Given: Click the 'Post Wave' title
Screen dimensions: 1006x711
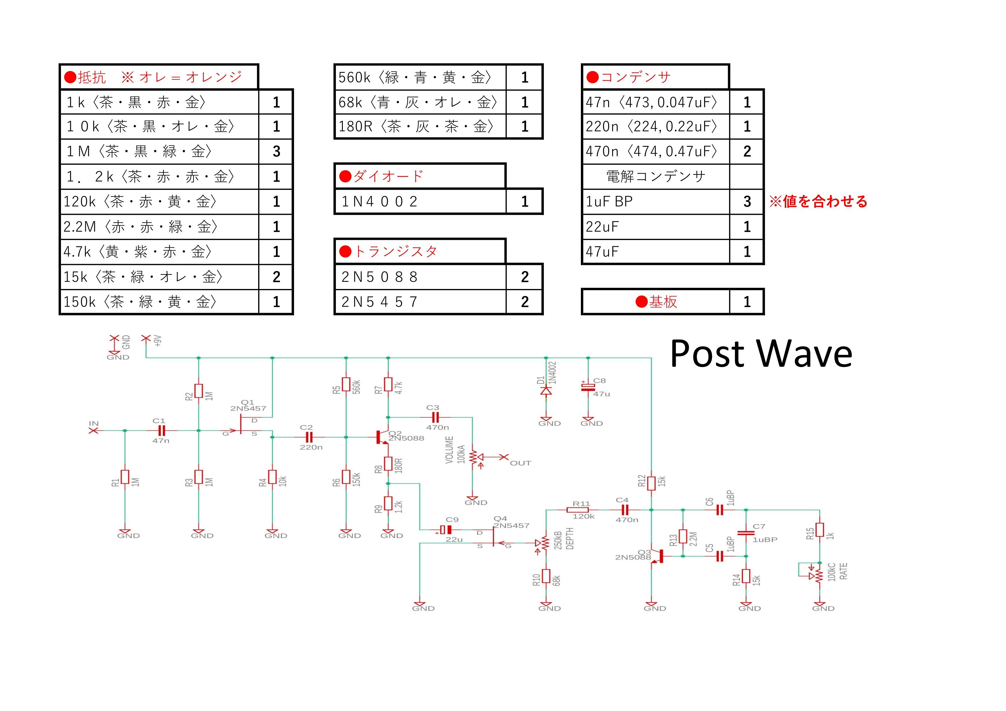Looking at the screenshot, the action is pos(761,354).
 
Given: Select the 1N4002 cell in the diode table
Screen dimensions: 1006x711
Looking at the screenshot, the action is pos(420,201).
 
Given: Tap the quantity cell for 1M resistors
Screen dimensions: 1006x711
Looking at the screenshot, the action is pos(276,151).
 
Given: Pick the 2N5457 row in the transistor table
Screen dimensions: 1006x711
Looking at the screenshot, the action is pos(438,302).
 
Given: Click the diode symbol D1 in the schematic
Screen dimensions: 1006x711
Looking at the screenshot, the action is pos(546,390).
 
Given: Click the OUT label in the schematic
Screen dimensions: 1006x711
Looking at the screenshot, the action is pos(521,463).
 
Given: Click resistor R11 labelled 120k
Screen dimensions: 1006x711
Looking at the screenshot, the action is pos(577,510).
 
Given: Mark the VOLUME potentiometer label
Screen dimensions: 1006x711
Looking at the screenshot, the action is pos(449,450).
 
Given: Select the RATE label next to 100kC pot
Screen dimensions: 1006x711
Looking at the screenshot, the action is pos(843,571).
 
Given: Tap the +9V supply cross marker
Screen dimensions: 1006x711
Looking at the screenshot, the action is pos(145,338).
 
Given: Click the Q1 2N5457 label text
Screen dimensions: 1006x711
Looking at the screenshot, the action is pos(248,405).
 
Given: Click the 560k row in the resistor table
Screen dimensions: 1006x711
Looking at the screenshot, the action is pos(438,77).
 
